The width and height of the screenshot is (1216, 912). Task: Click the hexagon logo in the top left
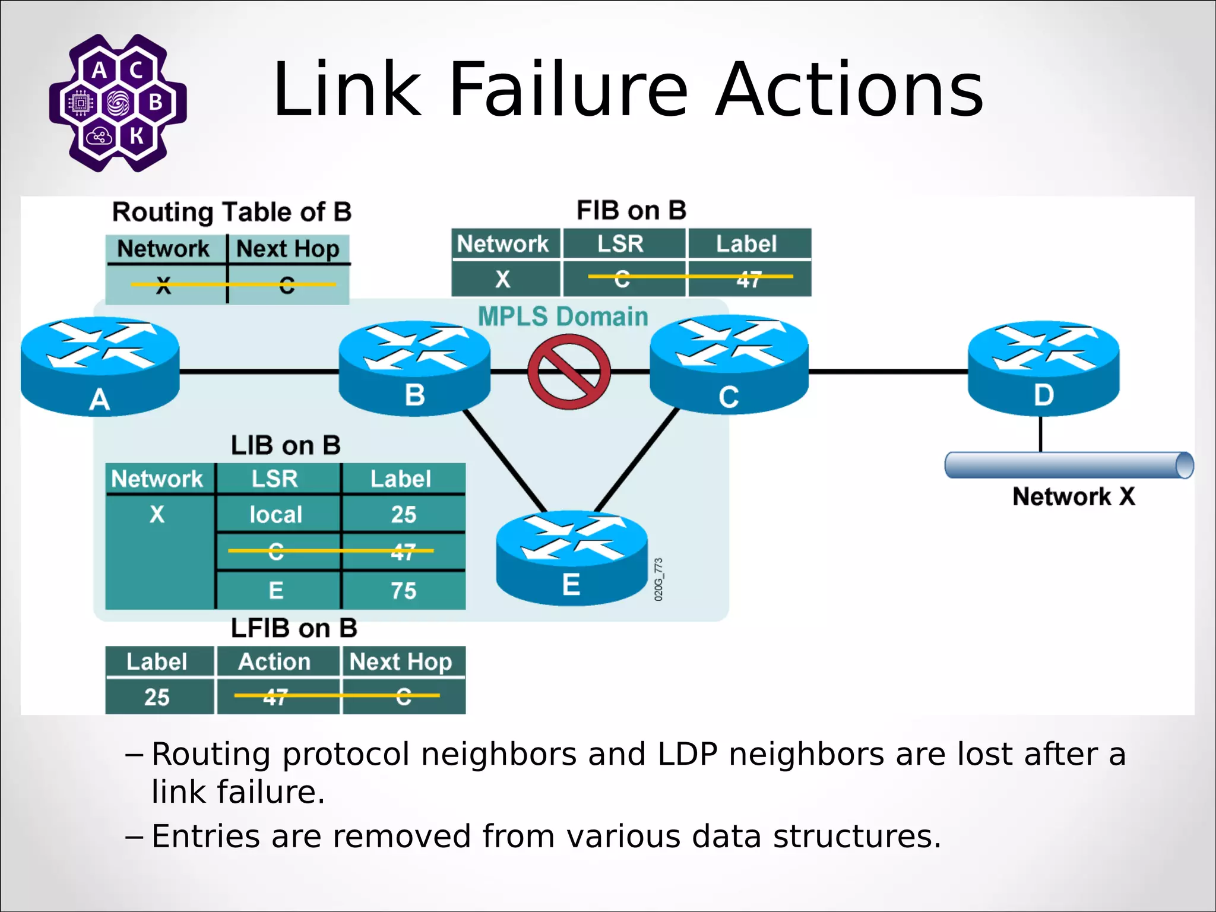coord(118,103)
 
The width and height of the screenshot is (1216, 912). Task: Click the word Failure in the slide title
coord(568,90)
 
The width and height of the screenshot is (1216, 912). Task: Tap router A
coord(100,366)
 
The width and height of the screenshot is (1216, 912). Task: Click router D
coord(1043,368)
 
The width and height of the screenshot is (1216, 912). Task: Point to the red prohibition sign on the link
coord(569,372)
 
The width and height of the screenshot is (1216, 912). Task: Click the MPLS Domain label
coord(562,316)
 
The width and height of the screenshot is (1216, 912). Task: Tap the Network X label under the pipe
coord(1073,496)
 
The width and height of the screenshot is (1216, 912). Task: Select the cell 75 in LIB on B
coord(403,591)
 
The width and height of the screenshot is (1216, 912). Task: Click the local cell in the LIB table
coord(275,514)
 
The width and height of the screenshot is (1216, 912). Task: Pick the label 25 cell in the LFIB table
coord(157,696)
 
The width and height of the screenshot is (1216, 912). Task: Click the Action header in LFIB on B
coord(274,661)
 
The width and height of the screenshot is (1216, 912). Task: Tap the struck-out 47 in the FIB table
coord(748,278)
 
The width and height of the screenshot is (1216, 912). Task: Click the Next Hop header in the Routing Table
coord(287,249)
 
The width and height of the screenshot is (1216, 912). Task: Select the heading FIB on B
coord(631,210)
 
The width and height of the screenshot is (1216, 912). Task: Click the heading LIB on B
coord(286,445)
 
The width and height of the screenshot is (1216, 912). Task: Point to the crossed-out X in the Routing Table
coord(163,286)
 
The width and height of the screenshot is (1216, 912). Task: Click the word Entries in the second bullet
coord(205,836)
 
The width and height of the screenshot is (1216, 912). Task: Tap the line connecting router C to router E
coord(636,460)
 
